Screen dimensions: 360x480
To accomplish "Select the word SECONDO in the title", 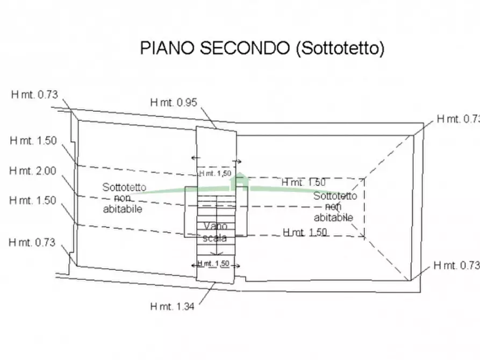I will (x=245, y=48).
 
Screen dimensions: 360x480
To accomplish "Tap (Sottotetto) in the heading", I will (x=340, y=48).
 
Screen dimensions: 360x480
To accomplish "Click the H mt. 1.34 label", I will (x=172, y=306).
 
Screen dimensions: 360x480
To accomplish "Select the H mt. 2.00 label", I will (x=33, y=170).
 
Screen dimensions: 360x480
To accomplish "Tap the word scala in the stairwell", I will (x=214, y=238).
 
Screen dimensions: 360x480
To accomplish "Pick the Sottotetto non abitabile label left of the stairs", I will (x=124, y=198).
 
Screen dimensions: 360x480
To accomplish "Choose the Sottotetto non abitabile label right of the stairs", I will (x=334, y=207).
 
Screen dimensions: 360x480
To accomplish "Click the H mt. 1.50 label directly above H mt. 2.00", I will (x=33, y=140).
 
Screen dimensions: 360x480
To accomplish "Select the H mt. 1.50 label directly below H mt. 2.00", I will (x=33, y=200).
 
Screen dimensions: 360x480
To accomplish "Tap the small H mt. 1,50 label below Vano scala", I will (x=214, y=263).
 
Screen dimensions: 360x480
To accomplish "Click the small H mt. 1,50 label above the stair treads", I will (x=215, y=174).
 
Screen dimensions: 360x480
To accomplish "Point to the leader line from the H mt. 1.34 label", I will (x=205, y=293).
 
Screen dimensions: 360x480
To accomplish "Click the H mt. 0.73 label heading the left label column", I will (x=34, y=95).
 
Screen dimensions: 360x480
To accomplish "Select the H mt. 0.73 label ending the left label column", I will (x=32, y=242).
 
